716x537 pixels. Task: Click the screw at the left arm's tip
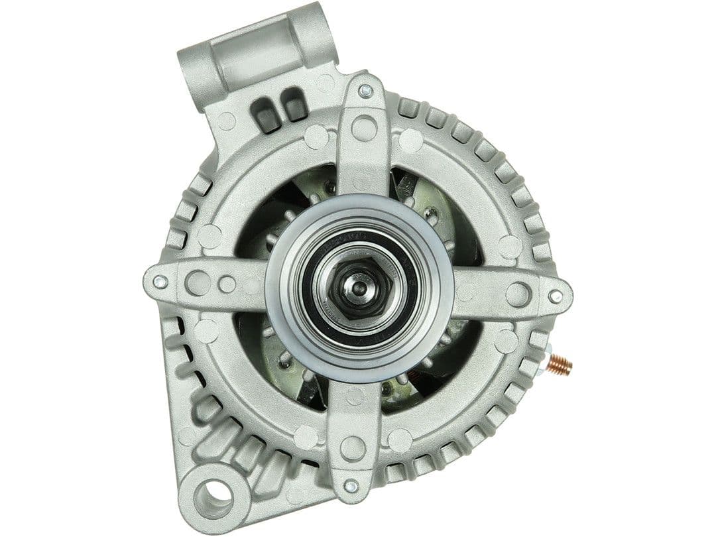[159, 282]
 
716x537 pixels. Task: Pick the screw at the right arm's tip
[555, 296]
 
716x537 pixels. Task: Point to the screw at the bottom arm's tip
[351, 486]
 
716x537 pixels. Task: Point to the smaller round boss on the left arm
[227, 284]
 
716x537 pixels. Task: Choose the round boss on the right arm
[518, 294]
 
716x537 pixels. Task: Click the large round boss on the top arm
[364, 128]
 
